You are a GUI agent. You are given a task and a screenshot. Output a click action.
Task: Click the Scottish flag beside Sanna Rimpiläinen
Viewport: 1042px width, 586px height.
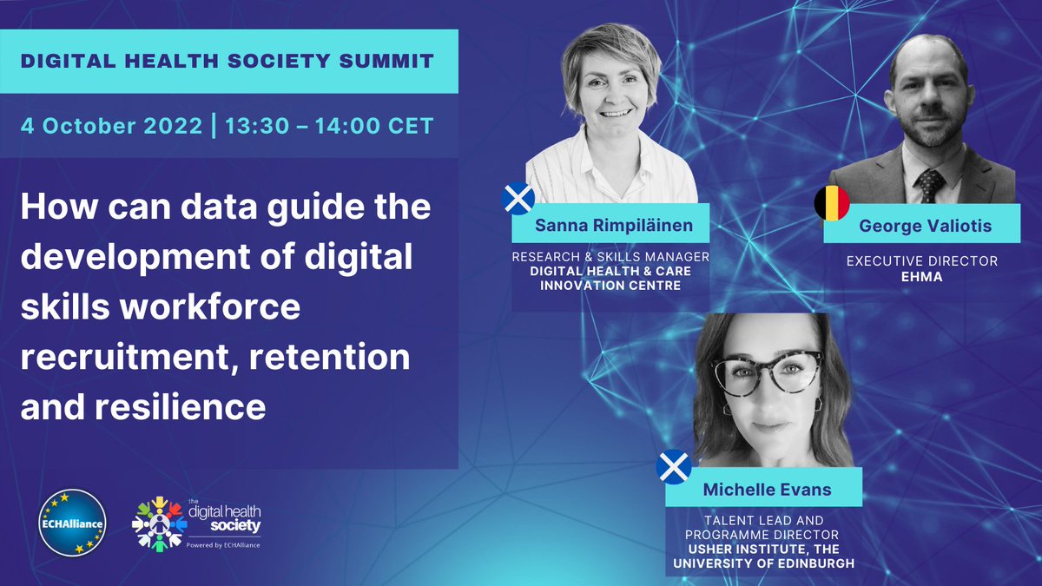click(x=519, y=199)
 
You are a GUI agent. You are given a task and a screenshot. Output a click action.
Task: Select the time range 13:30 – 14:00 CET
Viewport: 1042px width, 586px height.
click(x=328, y=125)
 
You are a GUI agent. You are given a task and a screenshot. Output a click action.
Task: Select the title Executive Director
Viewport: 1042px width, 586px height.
click(x=922, y=260)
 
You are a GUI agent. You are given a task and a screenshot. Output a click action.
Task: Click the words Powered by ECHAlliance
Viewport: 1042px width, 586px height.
click(x=224, y=544)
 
